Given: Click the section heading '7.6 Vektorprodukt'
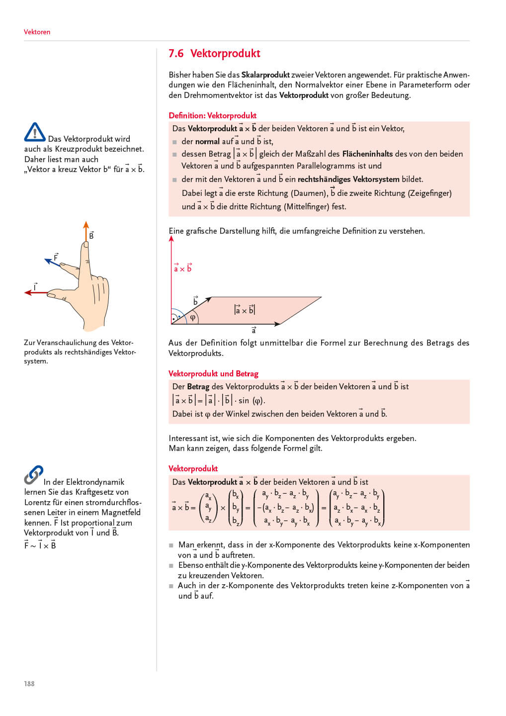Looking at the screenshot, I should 214,54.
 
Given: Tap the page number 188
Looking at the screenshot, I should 29,684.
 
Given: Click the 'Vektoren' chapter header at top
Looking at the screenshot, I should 37,32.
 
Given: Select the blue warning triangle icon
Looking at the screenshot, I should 35,132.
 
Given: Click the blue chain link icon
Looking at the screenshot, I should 33,474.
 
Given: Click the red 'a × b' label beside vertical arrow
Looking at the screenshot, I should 182,268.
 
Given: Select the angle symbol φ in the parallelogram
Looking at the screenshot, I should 192,317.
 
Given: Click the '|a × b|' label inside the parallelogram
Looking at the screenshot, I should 244,310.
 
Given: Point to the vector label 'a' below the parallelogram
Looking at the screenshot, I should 253,330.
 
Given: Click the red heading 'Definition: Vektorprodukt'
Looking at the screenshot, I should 212,115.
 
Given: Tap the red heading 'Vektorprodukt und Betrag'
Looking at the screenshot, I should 213,373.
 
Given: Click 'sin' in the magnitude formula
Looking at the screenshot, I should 244,400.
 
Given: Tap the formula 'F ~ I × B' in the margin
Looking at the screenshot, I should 40,545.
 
